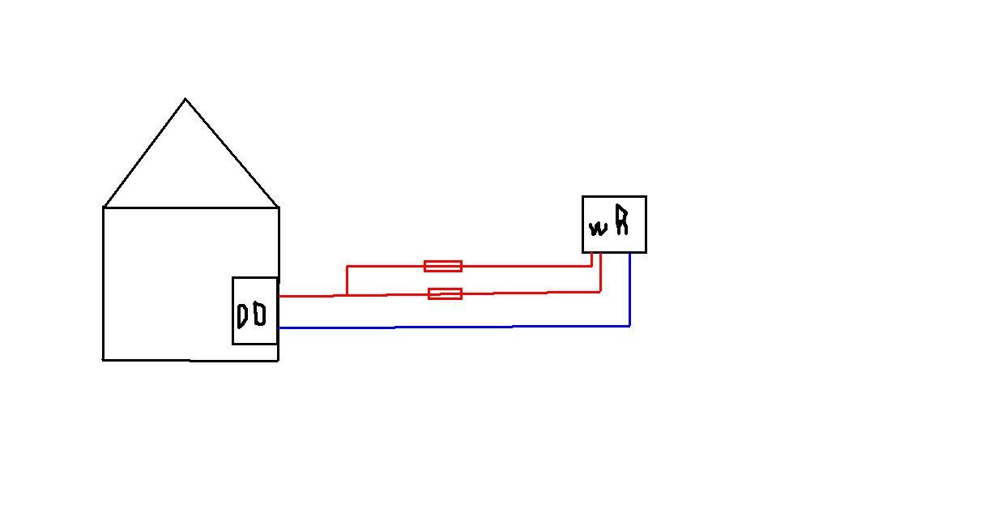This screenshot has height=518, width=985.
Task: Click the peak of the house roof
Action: point(185,100)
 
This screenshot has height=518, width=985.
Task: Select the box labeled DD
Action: point(255,310)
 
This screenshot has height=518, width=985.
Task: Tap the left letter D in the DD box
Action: point(242,315)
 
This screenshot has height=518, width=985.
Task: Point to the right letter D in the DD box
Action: point(259,314)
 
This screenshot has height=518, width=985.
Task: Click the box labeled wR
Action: point(614,224)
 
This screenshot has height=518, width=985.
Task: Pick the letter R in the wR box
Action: point(621,220)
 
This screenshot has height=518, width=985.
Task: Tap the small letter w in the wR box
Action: point(598,228)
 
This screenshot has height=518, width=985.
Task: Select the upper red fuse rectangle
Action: point(443,266)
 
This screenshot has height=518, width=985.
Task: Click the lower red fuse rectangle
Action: point(445,293)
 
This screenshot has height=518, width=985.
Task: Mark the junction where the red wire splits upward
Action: point(347,295)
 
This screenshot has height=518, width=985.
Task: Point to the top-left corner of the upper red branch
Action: point(347,266)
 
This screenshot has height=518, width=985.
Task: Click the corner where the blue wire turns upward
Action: point(629,326)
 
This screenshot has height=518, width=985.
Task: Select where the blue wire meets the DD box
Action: point(279,327)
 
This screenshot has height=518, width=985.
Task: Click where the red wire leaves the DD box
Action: point(279,296)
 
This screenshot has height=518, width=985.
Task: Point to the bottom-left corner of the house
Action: point(103,359)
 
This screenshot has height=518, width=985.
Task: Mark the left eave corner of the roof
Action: point(104,208)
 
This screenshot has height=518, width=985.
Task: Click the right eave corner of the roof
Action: point(279,208)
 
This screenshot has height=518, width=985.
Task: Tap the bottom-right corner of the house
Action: point(278,360)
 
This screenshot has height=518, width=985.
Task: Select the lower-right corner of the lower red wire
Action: point(600,291)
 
